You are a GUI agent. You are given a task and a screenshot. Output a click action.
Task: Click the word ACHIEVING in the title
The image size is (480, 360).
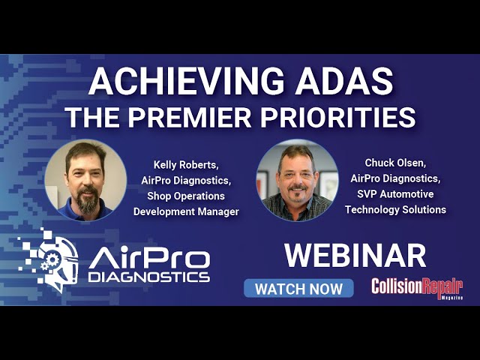click(x=187, y=81)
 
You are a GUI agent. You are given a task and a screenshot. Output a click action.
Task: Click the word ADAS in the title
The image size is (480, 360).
click(x=344, y=81)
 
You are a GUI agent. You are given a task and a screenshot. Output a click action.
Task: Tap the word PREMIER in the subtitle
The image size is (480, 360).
click(x=190, y=117)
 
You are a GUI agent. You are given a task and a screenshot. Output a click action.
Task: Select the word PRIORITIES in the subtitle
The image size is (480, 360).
click(x=337, y=117)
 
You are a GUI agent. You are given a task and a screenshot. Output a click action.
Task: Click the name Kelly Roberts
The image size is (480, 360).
click(x=185, y=165)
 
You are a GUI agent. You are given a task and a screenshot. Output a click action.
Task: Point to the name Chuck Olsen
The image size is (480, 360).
click(x=395, y=163)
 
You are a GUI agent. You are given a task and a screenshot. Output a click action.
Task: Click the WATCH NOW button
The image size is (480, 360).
click(x=298, y=288)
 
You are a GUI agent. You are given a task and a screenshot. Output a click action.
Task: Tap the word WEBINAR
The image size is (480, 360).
click(x=355, y=256)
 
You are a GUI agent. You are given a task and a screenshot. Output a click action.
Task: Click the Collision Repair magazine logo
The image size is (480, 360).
click(x=417, y=289)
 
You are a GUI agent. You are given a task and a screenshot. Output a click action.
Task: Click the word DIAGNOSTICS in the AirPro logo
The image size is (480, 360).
click(x=149, y=277)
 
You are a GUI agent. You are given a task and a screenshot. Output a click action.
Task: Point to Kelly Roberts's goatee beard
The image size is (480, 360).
click(x=88, y=200)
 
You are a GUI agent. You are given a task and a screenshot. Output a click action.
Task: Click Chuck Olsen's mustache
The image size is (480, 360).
click(x=297, y=187)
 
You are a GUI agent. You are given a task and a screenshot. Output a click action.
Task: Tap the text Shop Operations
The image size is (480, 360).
click(x=186, y=196)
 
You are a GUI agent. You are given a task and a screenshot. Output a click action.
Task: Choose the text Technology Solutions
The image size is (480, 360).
click(x=395, y=210)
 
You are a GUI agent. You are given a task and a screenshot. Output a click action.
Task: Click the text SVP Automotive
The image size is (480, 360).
click(x=395, y=194)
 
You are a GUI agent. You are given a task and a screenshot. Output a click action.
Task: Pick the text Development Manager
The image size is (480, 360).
click(x=186, y=211)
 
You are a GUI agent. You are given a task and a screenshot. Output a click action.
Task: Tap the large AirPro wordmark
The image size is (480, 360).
click(x=149, y=259)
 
